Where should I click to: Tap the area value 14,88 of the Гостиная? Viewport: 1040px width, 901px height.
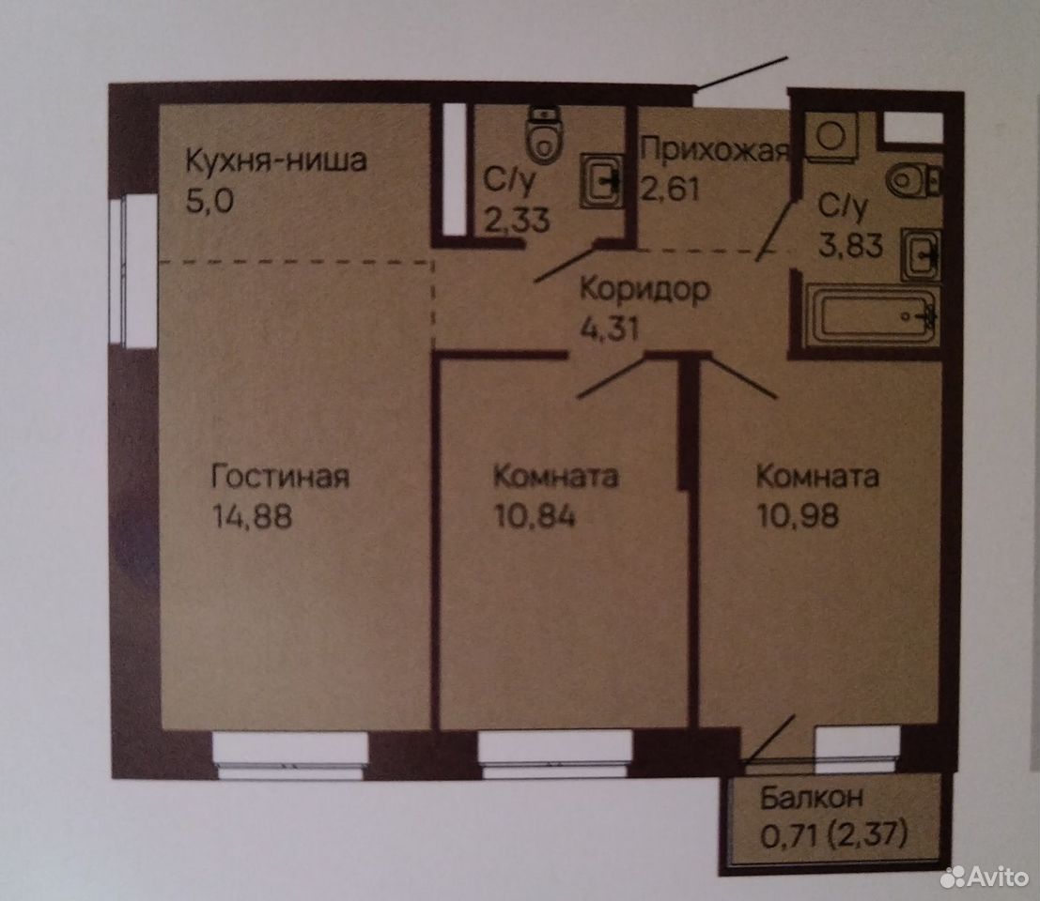pyautogui.click(x=252, y=516)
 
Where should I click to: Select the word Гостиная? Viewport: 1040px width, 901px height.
pyautogui.click(x=280, y=477)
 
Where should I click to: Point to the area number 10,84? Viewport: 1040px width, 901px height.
pyautogui.click(x=535, y=516)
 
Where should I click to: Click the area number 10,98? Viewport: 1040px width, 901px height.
pyautogui.click(x=798, y=516)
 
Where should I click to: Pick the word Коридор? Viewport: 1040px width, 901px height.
pyautogui.click(x=644, y=290)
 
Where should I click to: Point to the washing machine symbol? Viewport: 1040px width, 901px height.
pyautogui.click(x=829, y=136)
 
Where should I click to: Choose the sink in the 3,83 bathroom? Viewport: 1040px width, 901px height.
pyautogui.click(x=921, y=253)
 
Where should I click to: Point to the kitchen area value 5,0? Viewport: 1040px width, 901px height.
pyautogui.click(x=210, y=201)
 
